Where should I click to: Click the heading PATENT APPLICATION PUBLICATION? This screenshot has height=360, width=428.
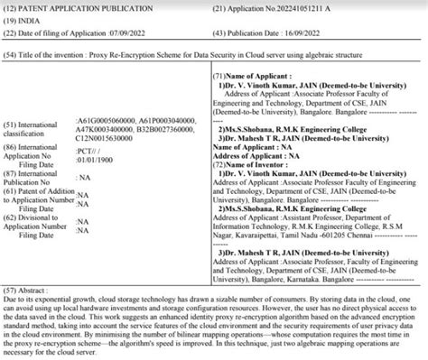pos(85,9)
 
